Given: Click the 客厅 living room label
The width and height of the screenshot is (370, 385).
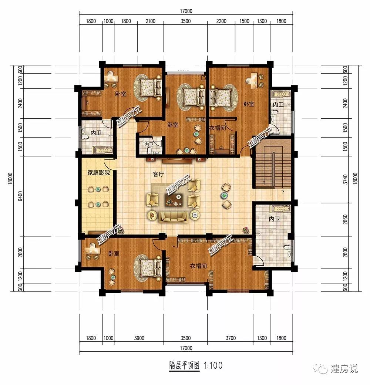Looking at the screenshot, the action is click(x=158, y=174).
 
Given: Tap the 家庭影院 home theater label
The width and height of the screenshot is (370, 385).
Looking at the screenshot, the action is click(x=98, y=173).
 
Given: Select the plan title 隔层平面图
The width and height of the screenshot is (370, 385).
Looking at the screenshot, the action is click(x=184, y=365).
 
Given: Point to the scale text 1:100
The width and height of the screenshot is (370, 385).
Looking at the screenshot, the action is click(x=213, y=365).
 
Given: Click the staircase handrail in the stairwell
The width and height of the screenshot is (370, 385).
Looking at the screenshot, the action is click(x=273, y=169).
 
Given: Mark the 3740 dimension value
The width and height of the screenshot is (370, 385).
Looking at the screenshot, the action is click(x=345, y=179).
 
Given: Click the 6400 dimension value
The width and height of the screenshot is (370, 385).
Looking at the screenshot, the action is click(x=20, y=196).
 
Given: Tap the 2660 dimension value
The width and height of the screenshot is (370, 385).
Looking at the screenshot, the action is click(x=345, y=220).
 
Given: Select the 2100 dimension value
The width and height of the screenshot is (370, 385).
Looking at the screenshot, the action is click(x=150, y=21).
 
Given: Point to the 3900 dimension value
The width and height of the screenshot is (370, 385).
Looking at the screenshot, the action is click(x=139, y=338).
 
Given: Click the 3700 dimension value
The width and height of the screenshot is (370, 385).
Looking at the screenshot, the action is click(x=231, y=338).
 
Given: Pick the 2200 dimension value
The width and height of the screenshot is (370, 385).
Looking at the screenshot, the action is click(x=221, y=21).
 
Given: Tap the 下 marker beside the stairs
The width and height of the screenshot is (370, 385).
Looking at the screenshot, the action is click(x=283, y=192).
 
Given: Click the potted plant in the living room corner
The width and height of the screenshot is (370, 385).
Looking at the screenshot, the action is click(x=245, y=230).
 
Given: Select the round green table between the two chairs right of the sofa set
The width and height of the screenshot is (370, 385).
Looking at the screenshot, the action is click(x=224, y=195).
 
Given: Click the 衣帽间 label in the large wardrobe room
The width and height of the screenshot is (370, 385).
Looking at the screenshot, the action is click(x=198, y=266).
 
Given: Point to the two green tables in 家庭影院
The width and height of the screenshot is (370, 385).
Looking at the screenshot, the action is click(x=98, y=196).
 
